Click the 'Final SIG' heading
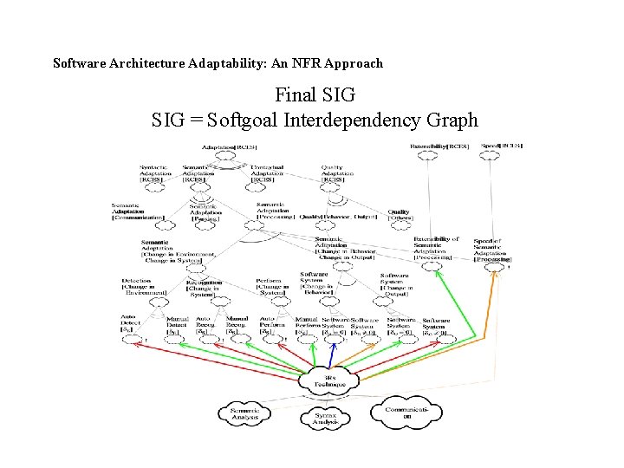315,94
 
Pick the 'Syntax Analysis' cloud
325,419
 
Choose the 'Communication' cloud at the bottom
406,412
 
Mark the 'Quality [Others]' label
400,214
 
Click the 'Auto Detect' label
130,324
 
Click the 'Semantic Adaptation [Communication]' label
137,211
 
